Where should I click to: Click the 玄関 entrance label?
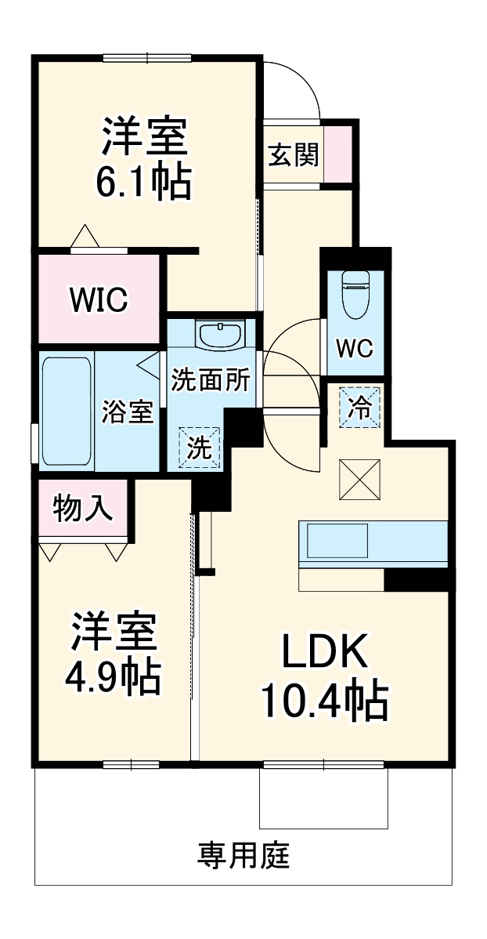pos(294,154)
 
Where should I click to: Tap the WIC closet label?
pos(98,299)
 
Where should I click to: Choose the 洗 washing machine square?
pos(199,448)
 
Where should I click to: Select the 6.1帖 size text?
pos(144,181)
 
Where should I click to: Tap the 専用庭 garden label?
pos(243,856)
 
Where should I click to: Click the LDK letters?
pos(324,650)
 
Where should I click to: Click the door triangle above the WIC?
pos(85,236)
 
